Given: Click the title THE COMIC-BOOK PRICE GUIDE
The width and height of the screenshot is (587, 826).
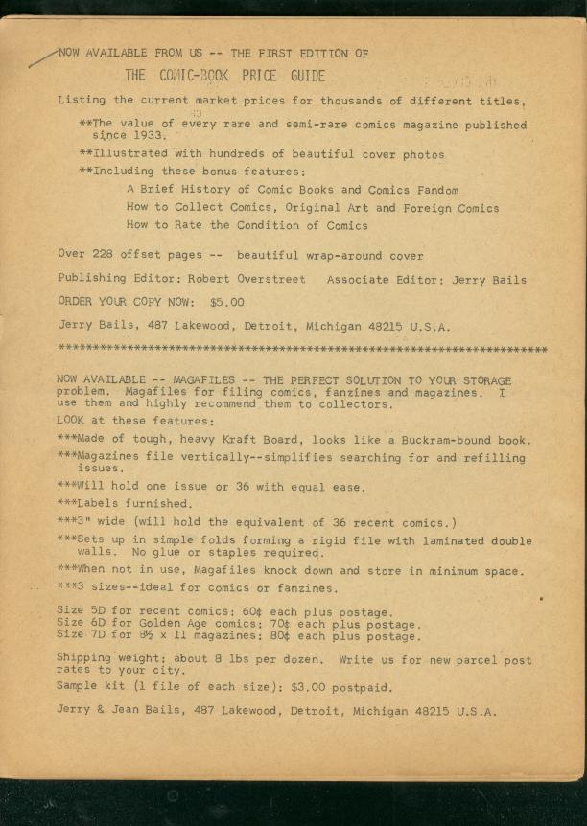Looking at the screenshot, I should [x=225, y=76].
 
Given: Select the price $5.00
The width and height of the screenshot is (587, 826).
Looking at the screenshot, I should [x=226, y=302].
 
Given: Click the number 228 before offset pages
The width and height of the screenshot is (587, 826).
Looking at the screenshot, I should [x=104, y=255].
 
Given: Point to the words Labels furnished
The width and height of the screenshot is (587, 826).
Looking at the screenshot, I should [x=132, y=504].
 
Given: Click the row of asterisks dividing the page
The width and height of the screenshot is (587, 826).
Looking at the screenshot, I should [x=302, y=348].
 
